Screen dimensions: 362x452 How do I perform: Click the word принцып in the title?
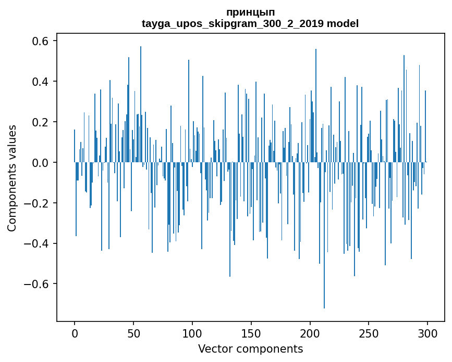(250, 12)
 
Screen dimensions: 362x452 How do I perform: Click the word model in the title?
(343, 23)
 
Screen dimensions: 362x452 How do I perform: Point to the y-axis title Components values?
(12, 178)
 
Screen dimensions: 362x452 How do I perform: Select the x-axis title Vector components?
(250, 348)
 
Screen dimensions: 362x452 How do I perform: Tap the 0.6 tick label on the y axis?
(41, 41)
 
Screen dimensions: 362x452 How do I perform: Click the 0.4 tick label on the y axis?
(41, 82)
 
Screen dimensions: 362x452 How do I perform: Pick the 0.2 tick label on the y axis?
(41, 122)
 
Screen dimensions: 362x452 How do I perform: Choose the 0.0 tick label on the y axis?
(41, 163)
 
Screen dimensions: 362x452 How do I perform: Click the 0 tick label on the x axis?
(75, 333)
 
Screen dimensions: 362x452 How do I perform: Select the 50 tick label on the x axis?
(133, 333)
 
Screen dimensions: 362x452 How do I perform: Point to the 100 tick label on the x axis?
(192, 333)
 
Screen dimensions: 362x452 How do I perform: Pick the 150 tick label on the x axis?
(251, 333)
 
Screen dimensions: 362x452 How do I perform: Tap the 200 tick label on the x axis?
(310, 333)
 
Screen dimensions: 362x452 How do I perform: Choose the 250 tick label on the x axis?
(369, 333)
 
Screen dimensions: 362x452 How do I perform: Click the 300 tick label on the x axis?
(427, 333)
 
